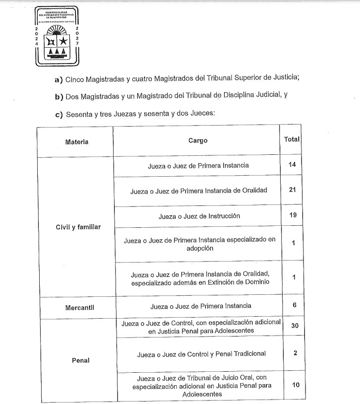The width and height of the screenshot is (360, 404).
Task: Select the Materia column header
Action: point(77,142)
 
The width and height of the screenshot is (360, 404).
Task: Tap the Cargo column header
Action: point(198,140)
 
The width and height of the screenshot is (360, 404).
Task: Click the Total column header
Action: point(292,139)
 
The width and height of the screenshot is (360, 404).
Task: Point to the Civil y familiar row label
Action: point(78,227)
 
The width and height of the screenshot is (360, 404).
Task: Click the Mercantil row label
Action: point(80,308)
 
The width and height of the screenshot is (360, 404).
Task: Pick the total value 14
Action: point(292,164)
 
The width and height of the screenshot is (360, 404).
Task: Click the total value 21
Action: point(292,190)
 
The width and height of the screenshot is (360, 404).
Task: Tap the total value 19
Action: point(292,215)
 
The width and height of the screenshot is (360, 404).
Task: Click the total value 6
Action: point(294,305)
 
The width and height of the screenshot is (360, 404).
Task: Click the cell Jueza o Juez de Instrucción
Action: point(199,216)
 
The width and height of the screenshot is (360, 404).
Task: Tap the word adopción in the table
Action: point(201,248)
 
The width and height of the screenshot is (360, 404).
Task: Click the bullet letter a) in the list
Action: point(59,79)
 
